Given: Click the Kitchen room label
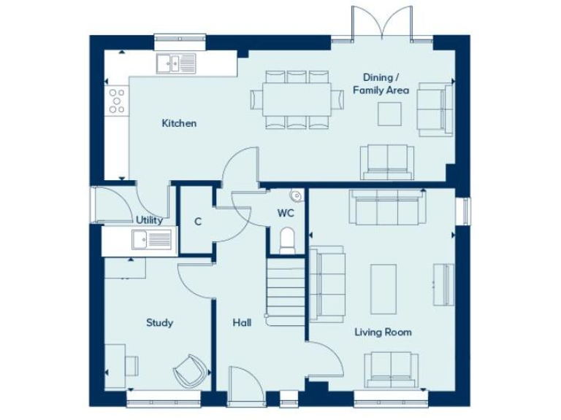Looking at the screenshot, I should coord(179,123).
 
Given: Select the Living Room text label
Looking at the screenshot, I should coord(383,332).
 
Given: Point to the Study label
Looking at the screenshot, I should coord(159,322).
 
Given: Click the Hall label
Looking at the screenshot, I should coord(242,322).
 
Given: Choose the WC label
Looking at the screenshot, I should coord(285,214).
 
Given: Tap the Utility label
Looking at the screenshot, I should coord(149,219).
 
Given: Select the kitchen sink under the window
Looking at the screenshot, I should coord(176,64).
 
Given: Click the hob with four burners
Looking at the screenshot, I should coord(117,101).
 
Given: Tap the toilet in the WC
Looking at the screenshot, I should coord(288,238).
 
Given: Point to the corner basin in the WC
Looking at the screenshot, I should coord(296,196).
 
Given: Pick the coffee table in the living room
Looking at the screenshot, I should coord(383,289).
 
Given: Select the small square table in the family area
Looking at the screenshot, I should coord(389,113).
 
